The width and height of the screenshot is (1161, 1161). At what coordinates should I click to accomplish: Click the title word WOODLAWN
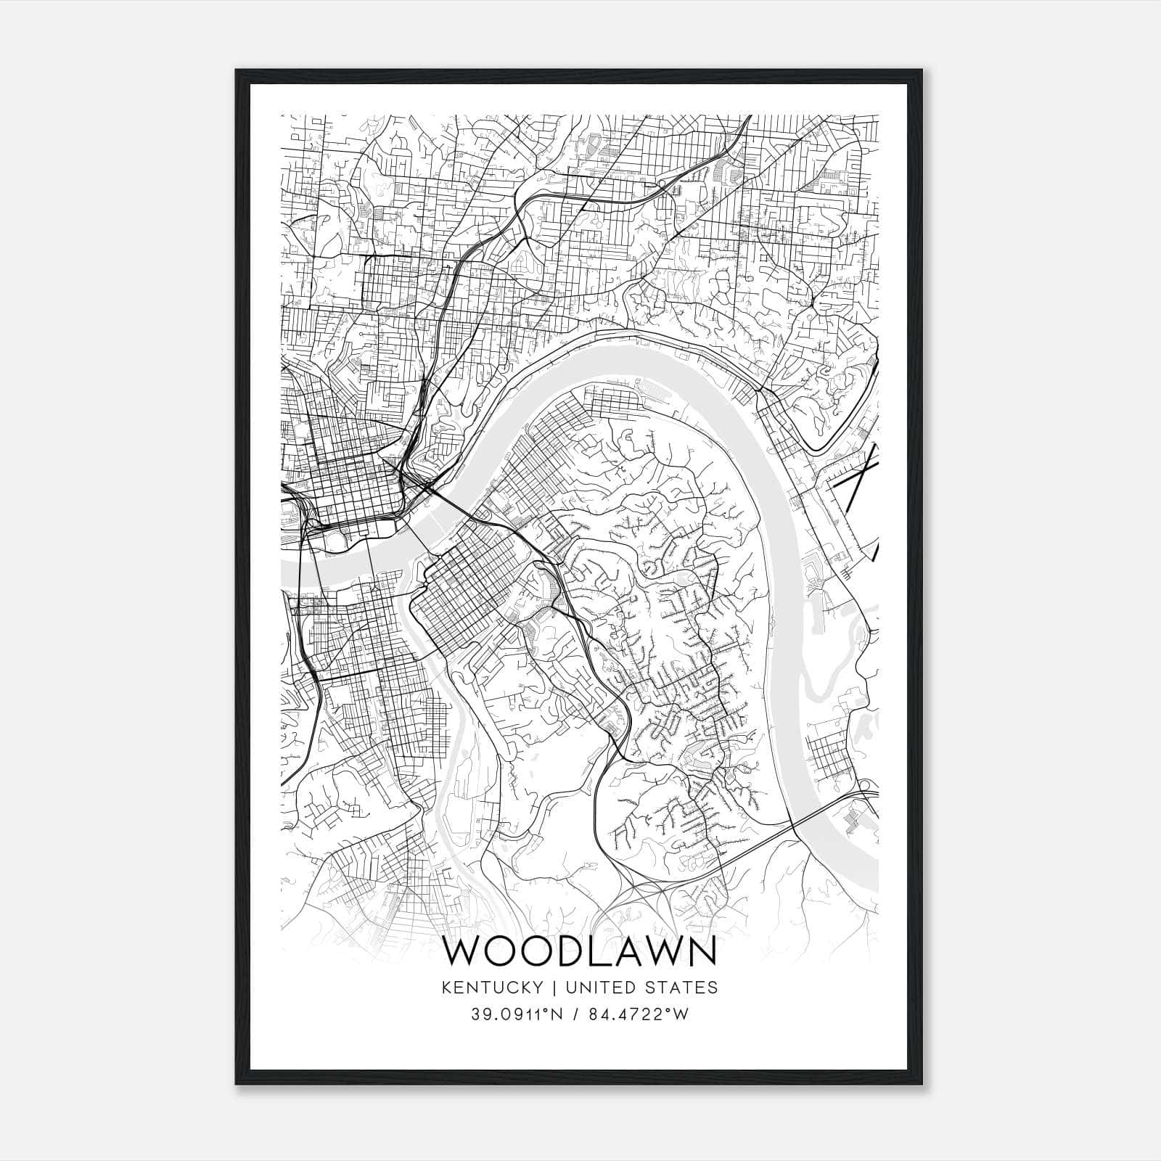pyautogui.click(x=580, y=952)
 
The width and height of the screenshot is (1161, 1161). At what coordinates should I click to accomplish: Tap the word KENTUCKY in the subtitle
pyautogui.click(x=493, y=988)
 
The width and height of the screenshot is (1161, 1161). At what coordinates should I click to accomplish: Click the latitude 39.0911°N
pyautogui.click(x=517, y=1014)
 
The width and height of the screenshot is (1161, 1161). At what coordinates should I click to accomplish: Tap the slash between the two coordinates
pyautogui.click(x=576, y=1014)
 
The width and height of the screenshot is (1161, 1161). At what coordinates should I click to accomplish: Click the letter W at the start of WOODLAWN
pyautogui.click(x=463, y=952)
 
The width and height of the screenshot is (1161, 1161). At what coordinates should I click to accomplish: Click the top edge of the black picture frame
pyautogui.click(x=580, y=73)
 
